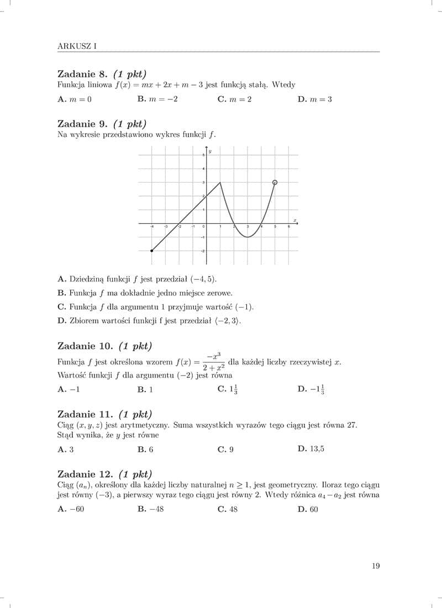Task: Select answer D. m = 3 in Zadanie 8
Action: click(x=314, y=99)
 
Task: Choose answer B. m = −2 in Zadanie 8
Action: click(x=157, y=99)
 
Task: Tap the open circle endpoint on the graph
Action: click(x=275, y=182)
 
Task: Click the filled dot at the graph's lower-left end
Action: click(x=152, y=251)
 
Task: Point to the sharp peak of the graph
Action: click(x=220, y=182)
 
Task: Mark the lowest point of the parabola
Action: click(x=248, y=237)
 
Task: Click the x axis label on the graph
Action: click(x=295, y=220)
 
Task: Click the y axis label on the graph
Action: click(x=210, y=151)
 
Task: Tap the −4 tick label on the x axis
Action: click(x=152, y=227)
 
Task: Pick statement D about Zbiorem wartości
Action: click(x=149, y=320)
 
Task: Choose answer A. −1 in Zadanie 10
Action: click(x=69, y=389)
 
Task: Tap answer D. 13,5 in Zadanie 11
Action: click(x=311, y=448)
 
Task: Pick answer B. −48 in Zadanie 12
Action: click(x=150, y=509)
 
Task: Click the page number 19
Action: click(x=376, y=565)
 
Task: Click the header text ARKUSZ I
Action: click(x=77, y=46)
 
